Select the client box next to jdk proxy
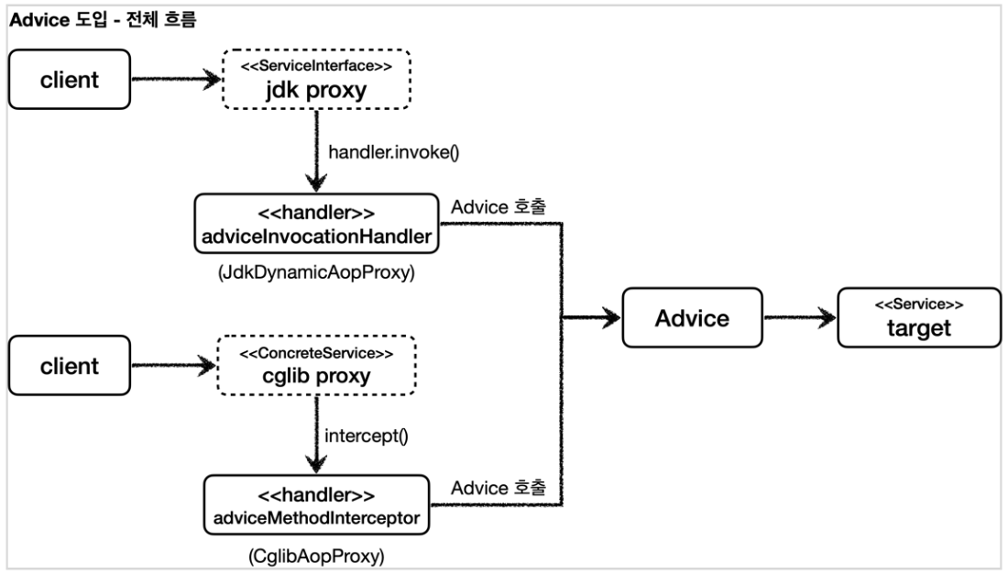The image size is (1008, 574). pyautogui.click(x=69, y=80)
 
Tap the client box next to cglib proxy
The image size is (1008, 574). pyautogui.click(x=69, y=367)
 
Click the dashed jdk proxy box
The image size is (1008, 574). pyautogui.click(x=316, y=80)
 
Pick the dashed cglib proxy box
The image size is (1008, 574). pyautogui.click(x=316, y=367)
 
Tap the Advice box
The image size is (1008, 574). pyautogui.click(x=693, y=318)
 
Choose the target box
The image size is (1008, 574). pyautogui.click(x=907, y=318)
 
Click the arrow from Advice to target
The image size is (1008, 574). pyautogui.click(x=799, y=318)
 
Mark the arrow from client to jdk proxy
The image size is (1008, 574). pyautogui.click(x=176, y=80)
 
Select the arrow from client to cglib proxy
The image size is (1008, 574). pyautogui.click(x=176, y=367)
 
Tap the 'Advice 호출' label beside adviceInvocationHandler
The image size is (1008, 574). pyautogui.click(x=499, y=206)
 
